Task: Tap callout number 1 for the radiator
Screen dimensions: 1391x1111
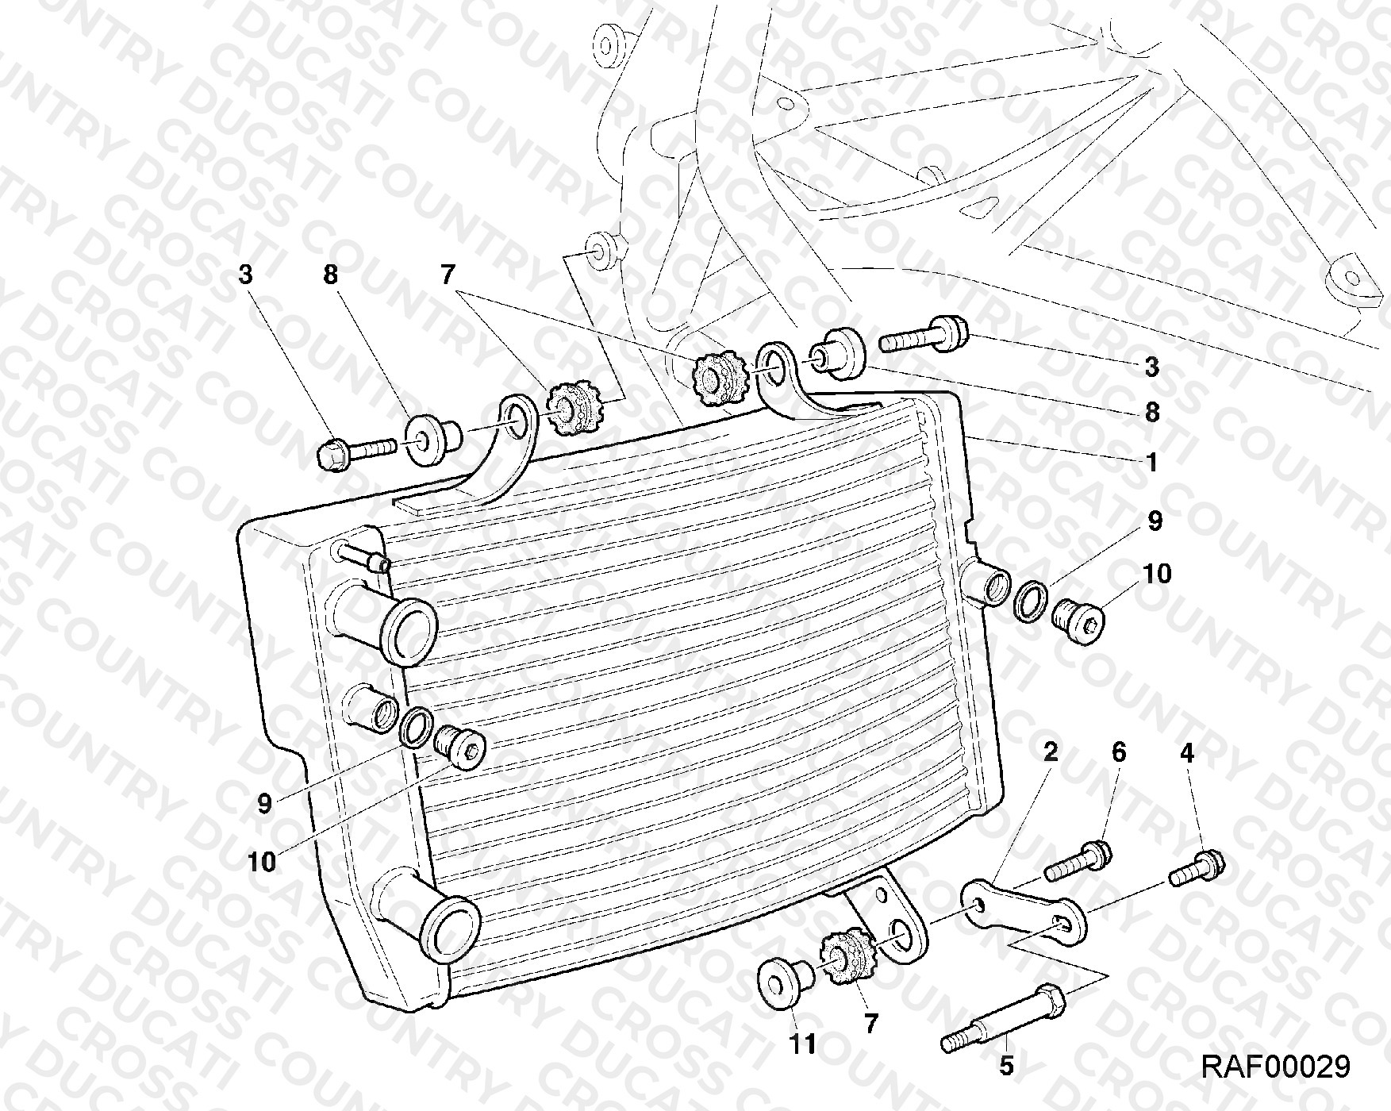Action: coord(1151,462)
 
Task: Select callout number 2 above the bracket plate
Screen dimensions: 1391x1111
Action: coord(1050,752)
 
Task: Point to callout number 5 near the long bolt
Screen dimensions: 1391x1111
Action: coord(1006,1066)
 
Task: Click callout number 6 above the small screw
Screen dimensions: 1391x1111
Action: coord(1119,752)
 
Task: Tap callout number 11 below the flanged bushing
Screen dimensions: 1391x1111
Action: coord(803,1044)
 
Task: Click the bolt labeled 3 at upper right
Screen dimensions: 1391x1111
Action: coord(924,334)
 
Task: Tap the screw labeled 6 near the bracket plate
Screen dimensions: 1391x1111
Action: coord(1078,862)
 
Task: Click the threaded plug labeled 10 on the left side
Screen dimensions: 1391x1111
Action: coord(461,746)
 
